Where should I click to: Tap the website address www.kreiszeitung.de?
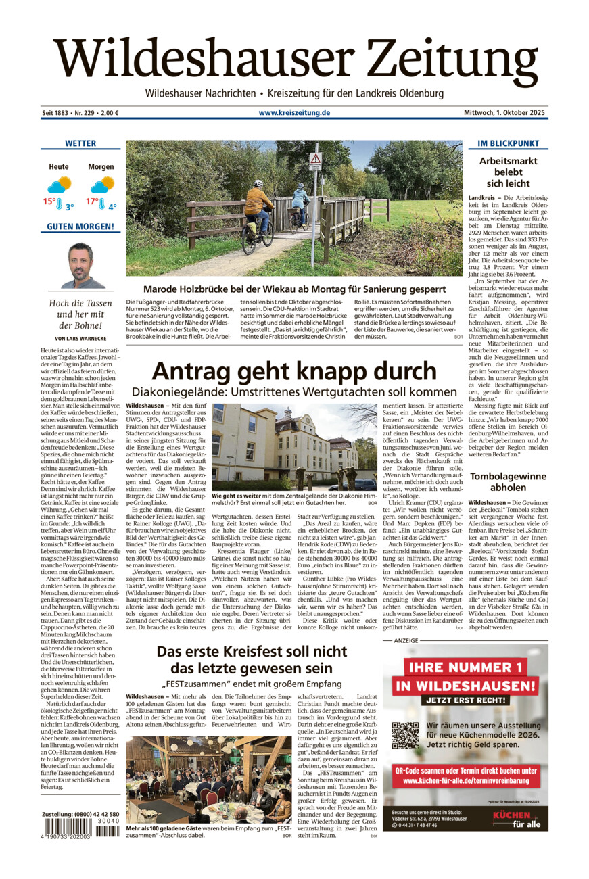pos(294,112)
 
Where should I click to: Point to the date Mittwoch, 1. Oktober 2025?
pos(504,112)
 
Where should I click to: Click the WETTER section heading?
pos(80,143)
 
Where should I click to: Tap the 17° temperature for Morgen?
pos(92,201)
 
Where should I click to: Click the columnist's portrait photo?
pos(80,265)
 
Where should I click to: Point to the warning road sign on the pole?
pos(315,161)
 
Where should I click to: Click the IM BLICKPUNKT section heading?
pos(508,143)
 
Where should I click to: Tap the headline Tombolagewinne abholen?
pos(508,482)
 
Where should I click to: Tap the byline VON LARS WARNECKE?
pos(80,338)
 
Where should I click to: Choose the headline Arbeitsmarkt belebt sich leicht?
pos(508,172)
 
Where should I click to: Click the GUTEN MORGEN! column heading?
pos(80,227)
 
